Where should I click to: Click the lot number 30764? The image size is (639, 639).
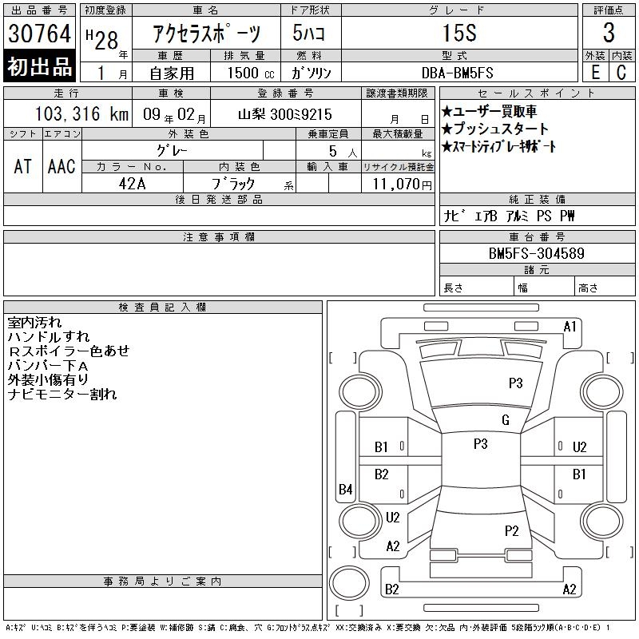click(x=39, y=34)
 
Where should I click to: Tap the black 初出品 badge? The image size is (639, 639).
click(x=39, y=66)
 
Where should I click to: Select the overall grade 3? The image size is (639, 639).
click(x=609, y=33)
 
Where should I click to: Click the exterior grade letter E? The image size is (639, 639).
click(x=595, y=73)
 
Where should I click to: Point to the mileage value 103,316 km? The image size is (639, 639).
click(x=81, y=113)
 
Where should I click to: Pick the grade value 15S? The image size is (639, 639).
click(x=459, y=33)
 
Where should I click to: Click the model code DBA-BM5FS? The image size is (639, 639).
click(x=457, y=73)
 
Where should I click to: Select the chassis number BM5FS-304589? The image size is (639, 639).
click(x=536, y=253)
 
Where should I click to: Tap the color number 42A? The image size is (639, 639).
click(x=132, y=184)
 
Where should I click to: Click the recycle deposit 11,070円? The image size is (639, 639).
click(x=403, y=185)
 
